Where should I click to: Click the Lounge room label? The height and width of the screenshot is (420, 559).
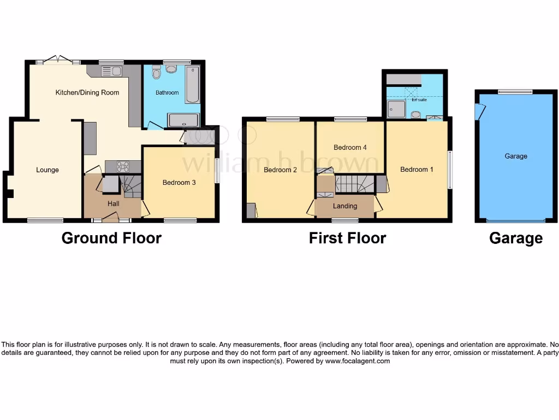(47, 170)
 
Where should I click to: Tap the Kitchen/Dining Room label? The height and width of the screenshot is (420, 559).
(87, 92)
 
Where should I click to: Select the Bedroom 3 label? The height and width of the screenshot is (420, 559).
(179, 183)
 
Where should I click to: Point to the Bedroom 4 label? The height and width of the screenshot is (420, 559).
(350, 148)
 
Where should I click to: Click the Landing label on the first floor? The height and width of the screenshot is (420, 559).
(345, 206)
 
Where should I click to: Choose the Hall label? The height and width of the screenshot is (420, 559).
(113, 204)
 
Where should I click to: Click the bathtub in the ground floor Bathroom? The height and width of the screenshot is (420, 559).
(192, 85)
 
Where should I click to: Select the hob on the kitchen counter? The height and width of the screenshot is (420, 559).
(123, 167)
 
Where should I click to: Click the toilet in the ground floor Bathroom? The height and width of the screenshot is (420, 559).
(156, 73)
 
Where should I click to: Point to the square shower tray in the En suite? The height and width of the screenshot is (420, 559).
(396, 109)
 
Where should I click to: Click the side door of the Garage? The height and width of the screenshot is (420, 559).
(479, 112)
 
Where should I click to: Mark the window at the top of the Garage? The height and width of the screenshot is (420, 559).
(515, 92)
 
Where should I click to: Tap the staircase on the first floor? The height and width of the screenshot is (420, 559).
(354, 184)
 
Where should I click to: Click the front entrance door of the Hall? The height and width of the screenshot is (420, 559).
(111, 219)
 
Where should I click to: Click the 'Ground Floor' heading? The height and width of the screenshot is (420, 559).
(111, 238)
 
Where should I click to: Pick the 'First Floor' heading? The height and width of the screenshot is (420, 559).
(347, 238)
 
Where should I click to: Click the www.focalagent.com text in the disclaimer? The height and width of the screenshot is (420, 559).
(358, 361)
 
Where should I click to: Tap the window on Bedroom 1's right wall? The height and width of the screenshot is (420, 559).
(450, 170)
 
